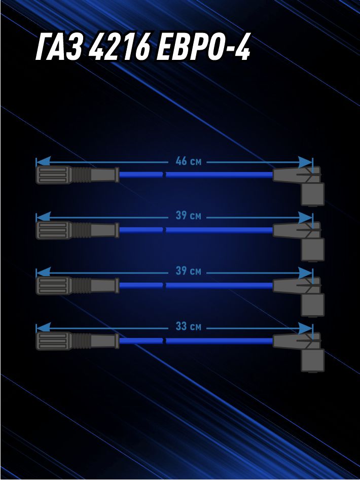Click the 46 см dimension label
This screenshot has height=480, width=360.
(189, 161)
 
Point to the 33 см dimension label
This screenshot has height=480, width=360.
(189, 327)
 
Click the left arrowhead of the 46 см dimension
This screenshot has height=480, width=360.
(43, 162)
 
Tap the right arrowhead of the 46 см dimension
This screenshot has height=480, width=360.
(306, 162)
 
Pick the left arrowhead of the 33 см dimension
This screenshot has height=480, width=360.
(43, 328)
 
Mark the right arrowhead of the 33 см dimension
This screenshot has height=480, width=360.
(306, 328)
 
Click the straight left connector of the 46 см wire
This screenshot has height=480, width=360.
(78, 175)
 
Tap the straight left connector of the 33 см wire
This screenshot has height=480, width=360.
(78, 340)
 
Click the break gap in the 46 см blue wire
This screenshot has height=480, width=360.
(164, 175)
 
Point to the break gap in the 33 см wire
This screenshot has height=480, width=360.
(164, 340)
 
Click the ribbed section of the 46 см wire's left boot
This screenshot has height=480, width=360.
(81, 175)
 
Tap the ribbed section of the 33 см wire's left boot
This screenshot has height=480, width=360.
(81, 340)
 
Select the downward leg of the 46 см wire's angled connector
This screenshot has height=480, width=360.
(312, 194)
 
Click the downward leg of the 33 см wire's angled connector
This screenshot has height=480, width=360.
(312, 360)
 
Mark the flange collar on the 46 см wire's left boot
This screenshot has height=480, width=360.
(117, 175)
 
